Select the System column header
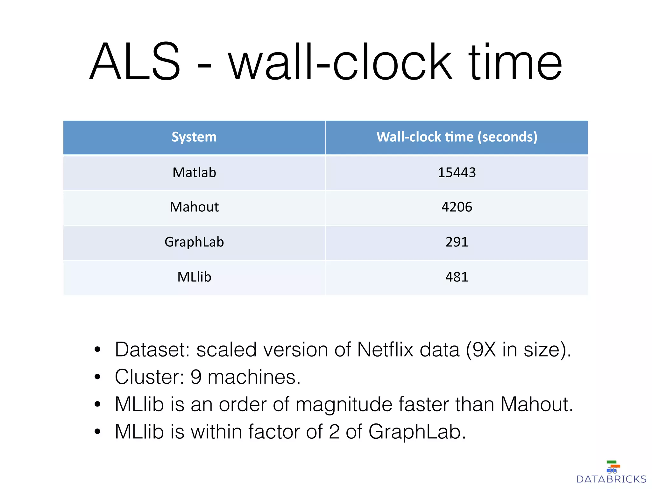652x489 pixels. point(194,137)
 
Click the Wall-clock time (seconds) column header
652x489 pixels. point(457,137)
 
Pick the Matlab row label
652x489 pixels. point(194,173)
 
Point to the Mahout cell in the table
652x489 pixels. point(194,207)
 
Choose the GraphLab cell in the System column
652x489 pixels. point(194,242)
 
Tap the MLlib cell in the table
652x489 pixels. point(194,277)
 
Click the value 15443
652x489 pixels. point(457,173)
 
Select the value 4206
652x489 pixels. point(457,207)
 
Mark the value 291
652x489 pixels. point(457,242)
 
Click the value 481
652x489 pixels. point(457,277)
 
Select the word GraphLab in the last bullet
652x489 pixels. point(417,432)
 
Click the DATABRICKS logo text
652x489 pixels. point(611,479)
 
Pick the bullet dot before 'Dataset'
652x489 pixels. point(97,350)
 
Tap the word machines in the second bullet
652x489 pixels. point(254,377)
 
